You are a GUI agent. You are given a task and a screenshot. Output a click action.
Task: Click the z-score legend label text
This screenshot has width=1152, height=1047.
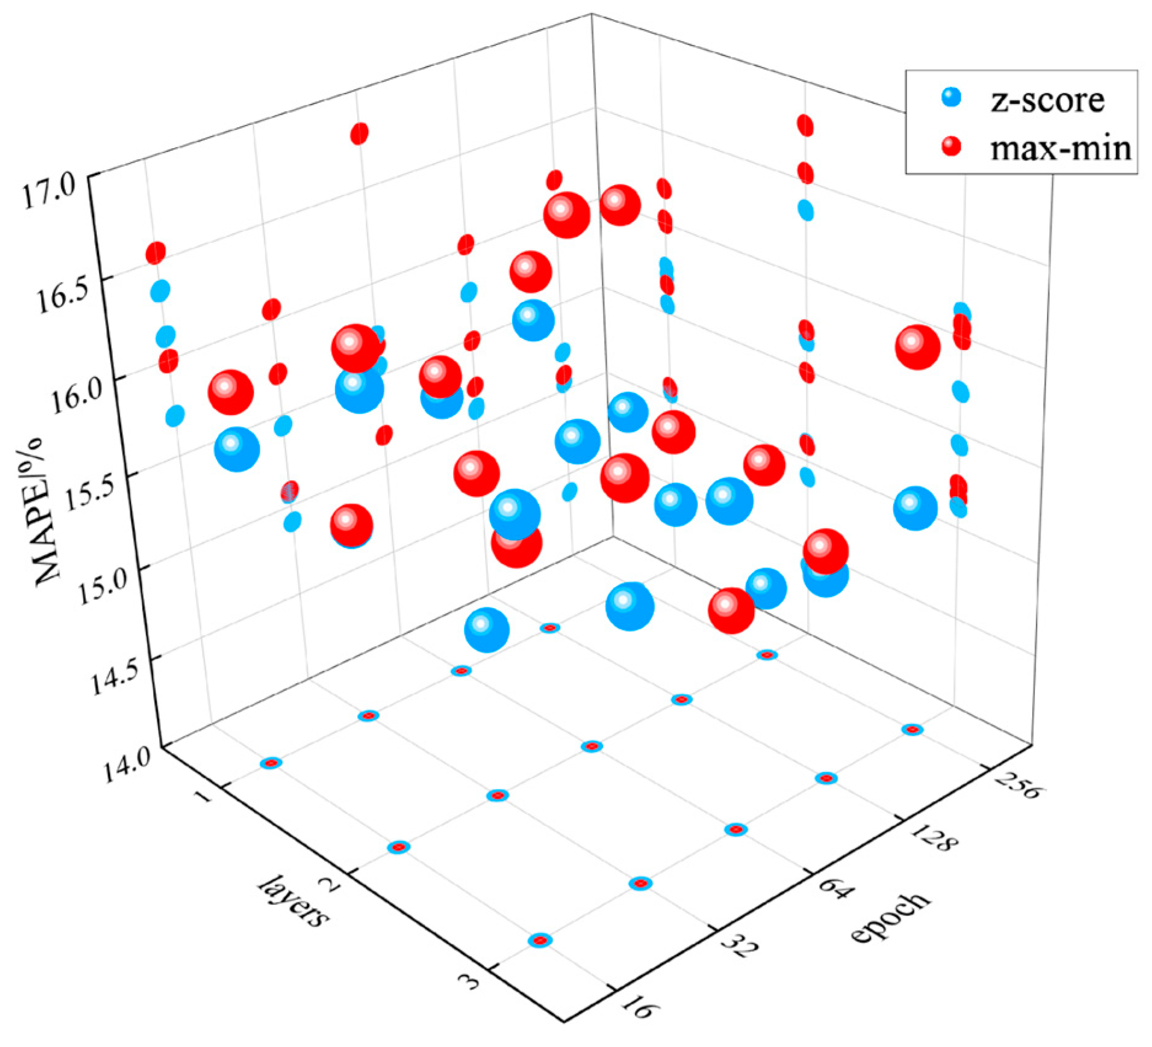[x=1047, y=100]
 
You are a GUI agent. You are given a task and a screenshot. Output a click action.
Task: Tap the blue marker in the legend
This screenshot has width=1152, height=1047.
[x=951, y=97]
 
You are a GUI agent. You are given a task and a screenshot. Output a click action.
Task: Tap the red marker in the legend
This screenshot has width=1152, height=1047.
[x=951, y=146]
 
